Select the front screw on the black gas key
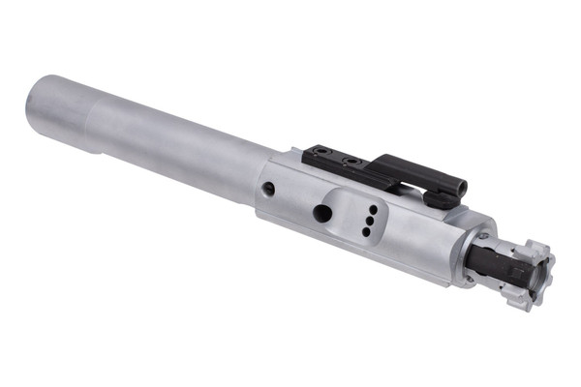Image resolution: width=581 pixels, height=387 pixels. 352,161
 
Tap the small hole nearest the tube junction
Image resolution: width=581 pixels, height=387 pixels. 268,188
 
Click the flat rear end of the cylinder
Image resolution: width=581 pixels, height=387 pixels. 41,102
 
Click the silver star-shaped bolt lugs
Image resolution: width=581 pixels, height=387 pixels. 530,275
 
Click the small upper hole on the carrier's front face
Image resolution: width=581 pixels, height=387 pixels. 481,235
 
